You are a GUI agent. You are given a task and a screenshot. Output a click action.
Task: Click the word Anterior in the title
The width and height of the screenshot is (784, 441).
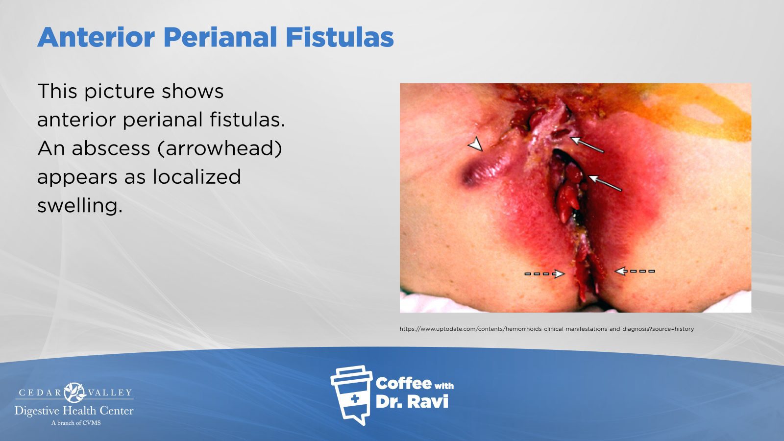click(96, 37)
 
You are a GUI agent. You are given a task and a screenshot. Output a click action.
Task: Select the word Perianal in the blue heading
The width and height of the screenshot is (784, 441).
click(220, 37)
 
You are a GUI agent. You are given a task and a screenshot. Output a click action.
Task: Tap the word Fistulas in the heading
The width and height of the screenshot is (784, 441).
click(340, 37)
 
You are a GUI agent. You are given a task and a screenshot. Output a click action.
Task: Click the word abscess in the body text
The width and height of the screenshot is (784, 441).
click(111, 148)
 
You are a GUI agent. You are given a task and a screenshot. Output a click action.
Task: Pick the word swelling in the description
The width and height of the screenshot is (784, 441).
click(80, 206)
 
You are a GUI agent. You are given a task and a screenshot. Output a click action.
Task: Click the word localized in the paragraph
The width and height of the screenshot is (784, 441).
click(197, 176)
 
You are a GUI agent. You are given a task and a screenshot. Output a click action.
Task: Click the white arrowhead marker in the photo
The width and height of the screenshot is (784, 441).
click(476, 144)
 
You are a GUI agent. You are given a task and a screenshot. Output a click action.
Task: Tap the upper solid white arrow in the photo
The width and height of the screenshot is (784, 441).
click(588, 145)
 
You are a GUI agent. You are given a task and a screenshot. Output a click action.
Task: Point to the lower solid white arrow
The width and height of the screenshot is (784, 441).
click(605, 183)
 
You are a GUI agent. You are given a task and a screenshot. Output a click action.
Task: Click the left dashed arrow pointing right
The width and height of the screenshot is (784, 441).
click(544, 274)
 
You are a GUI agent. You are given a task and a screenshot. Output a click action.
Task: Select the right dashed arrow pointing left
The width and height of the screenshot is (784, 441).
click(635, 271)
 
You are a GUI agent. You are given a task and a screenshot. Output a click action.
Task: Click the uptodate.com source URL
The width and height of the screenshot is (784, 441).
click(547, 329)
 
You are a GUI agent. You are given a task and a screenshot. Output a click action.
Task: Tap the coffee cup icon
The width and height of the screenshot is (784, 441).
click(352, 394)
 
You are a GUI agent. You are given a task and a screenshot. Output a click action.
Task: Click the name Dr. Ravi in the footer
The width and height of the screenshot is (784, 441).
click(412, 402)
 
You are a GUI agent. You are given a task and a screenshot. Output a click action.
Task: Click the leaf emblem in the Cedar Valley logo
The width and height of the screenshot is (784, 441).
click(74, 392)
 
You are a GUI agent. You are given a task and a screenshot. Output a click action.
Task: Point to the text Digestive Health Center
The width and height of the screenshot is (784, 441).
click(74, 411)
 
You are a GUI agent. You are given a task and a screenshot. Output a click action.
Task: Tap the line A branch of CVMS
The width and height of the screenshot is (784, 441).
click(76, 423)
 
